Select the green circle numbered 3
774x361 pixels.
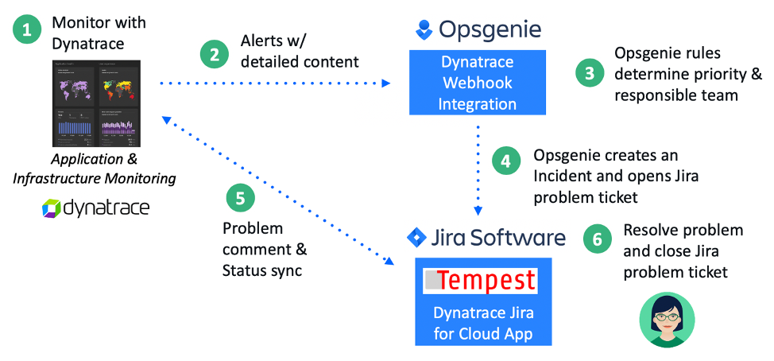pyautogui.click(x=589, y=73)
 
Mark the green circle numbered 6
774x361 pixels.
pyautogui.click(x=597, y=239)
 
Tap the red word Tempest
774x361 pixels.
pyautogui.click(x=486, y=281)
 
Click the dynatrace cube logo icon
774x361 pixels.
pyautogui.click(x=51, y=209)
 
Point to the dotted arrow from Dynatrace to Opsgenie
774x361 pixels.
pyautogui.click(x=274, y=83)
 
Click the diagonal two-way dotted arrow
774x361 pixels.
pyautogui.click(x=278, y=191)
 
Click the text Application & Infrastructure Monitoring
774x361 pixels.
pyautogui.click(x=94, y=169)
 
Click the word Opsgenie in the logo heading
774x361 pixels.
pyautogui.click(x=489, y=30)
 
